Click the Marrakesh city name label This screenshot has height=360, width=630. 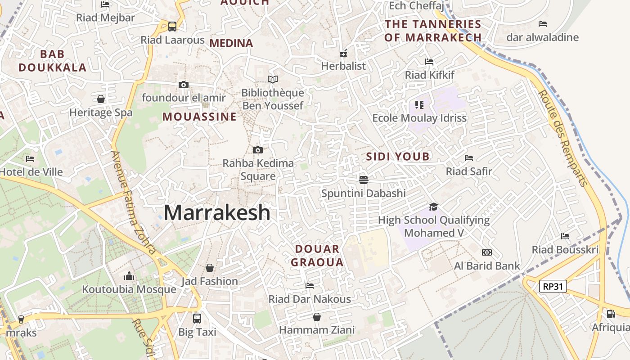pos(217,212)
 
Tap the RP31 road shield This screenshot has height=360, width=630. pos(553,286)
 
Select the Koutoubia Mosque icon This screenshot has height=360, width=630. pos(129,275)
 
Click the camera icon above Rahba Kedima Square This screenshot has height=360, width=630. pos(258,150)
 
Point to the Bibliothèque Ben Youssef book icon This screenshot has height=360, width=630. pos(273,80)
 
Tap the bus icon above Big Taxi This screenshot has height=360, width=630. pos(197,319)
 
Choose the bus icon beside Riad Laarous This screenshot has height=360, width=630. pos(172,27)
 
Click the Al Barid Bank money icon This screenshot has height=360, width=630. pos(487,252)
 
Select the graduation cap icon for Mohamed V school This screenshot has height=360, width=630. pos(433,207)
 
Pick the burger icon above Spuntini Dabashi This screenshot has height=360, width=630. pos(364,180)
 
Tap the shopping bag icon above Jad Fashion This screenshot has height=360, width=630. pos(209,268)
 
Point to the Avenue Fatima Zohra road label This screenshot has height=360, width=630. pos(134,202)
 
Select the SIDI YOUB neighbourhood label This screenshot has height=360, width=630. pos(398,157)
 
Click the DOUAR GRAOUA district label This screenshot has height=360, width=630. pos(317,256)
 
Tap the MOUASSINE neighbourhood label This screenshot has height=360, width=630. pos(199,117)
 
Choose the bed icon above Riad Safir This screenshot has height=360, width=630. pos(469,158)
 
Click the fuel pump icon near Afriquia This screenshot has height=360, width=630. pos(611,314)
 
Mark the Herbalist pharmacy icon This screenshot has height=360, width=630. pos(343,53)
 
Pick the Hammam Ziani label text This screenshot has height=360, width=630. pos(317,330)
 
